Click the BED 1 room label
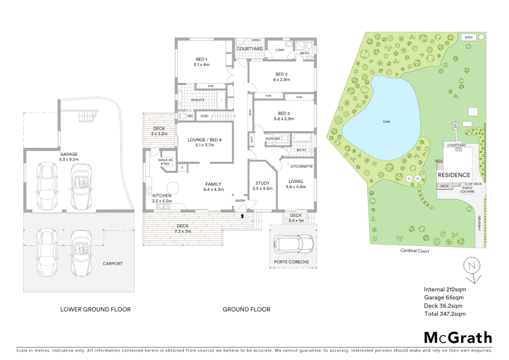click(x=202, y=59)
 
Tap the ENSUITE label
click(x=198, y=100)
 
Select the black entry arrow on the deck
click(x=242, y=216)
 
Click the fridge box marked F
click(x=182, y=168)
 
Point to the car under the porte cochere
click(x=293, y=244)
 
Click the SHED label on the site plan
click(x=468, y=37)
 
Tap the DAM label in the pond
click(x=386, y=122)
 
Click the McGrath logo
click(x=458, y=338)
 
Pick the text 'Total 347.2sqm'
click(x=445, y=314)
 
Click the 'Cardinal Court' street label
click(x=414, y=251)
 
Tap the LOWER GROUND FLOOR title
click(x=95, y=309)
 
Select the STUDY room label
click(x=262, y=183)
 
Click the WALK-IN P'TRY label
click(x=165, y=162)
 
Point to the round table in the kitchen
click(x=173, y=188)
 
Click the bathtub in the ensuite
click(x=221, y=100)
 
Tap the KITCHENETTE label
click(x=301, y=166)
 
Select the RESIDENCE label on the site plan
click(x=454, y=175)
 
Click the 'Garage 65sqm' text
click(x=444, y=298)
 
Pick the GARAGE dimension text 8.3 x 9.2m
click(x=69, y=159)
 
